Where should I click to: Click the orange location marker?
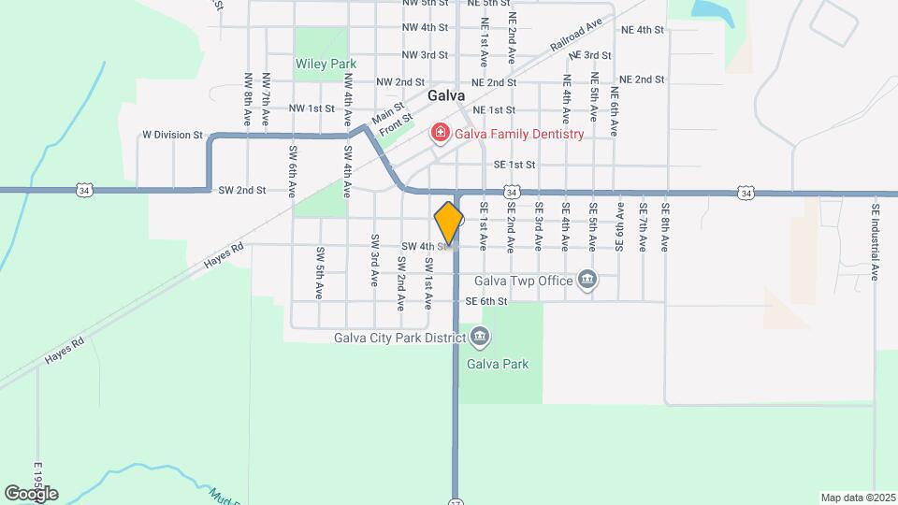tap(449, 224)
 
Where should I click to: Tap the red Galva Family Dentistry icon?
tap(439, 134)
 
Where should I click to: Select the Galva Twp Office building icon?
tap(587, 280)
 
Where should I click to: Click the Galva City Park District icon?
tap(479, 337)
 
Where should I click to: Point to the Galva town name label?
tap(446, 95)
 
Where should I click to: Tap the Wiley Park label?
tap(326, 64)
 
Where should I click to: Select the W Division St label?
tap(172, 135)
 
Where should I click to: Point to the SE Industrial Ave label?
tap(876, 242)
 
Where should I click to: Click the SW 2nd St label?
tap(242, 190)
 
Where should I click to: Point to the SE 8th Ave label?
tap(665, 227)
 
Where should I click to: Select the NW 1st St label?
tap(311, 108)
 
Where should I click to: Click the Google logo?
tap(31, 493)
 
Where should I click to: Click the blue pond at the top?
tap(711, 9)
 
